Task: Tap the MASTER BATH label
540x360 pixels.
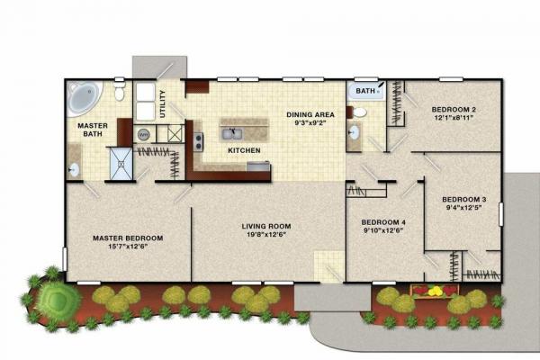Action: point(92,130)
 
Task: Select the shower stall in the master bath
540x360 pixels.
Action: point(120,162)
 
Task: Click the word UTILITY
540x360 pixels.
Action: point(163,104)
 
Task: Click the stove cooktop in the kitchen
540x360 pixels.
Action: point(198,140)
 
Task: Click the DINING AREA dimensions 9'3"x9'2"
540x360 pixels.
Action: point(310,122)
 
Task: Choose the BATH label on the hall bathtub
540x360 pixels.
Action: point(364,91)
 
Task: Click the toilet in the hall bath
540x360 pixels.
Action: point(359,112)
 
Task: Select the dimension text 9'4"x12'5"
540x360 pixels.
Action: point(464,207)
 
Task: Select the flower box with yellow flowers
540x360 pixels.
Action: point(436,291)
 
